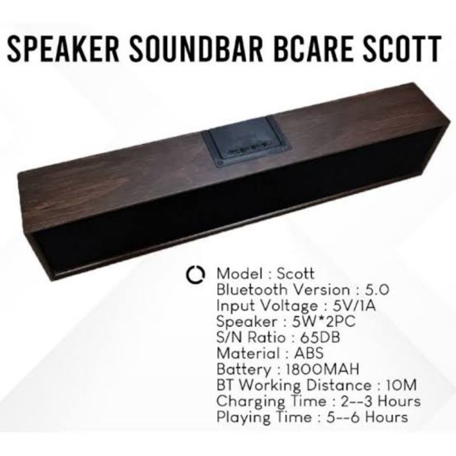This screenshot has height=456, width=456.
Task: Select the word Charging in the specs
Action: pos(242,401)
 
